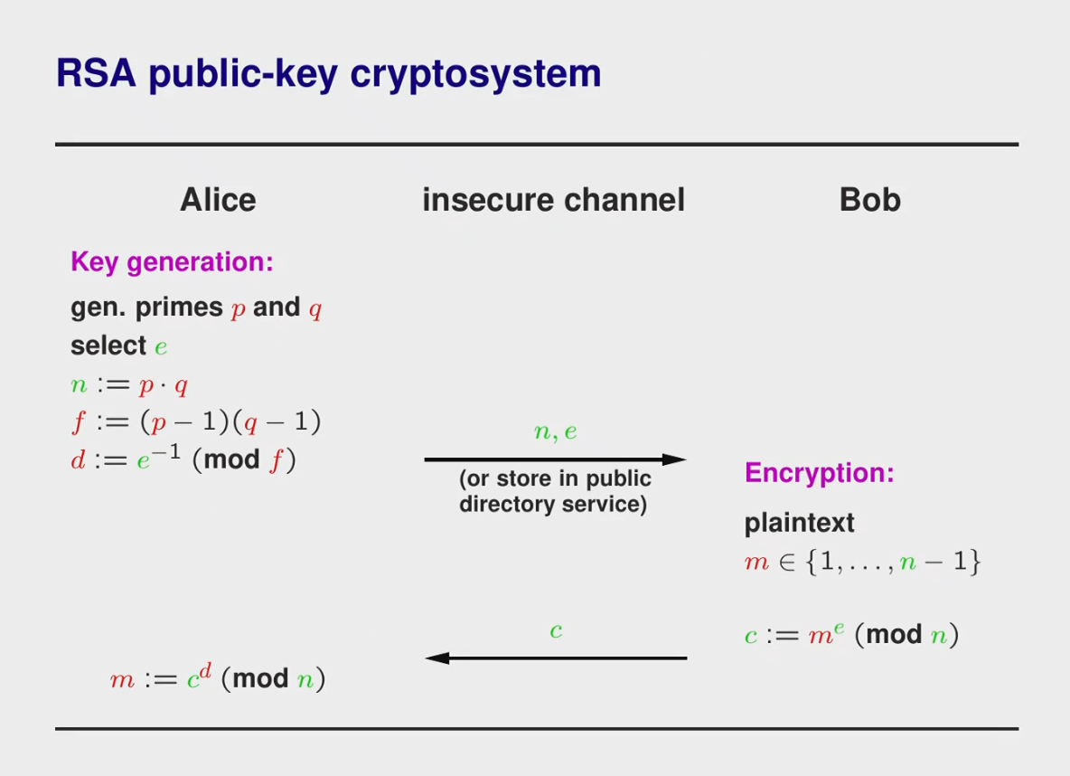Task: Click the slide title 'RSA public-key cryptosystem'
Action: [x=328, y=74]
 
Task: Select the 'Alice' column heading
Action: [x=219, y=200]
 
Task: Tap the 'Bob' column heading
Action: [x=870, y=200]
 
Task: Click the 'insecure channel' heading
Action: [x=553, y=200]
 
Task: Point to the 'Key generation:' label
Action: [x=172, y=262]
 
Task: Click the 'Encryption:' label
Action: [x=820, y=473]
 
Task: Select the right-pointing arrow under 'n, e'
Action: [x=555, y=459]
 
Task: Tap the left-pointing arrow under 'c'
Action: [x=556, y=658]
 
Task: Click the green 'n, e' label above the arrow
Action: [x=556, y=431]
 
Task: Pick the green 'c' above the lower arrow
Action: [x=556, y=630]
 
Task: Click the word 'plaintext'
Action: [x=799, y=524]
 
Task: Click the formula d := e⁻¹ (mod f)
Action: [x=183, y=459]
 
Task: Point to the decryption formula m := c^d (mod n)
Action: [x=218, y=677]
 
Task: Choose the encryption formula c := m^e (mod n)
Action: [x=851, y=634]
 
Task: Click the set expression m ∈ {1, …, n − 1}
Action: [x=862, y=562]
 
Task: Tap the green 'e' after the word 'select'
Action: [x=161, y=347]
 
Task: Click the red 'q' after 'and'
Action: [x=315, y=309]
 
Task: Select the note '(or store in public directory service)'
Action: [x=554, y=491]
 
